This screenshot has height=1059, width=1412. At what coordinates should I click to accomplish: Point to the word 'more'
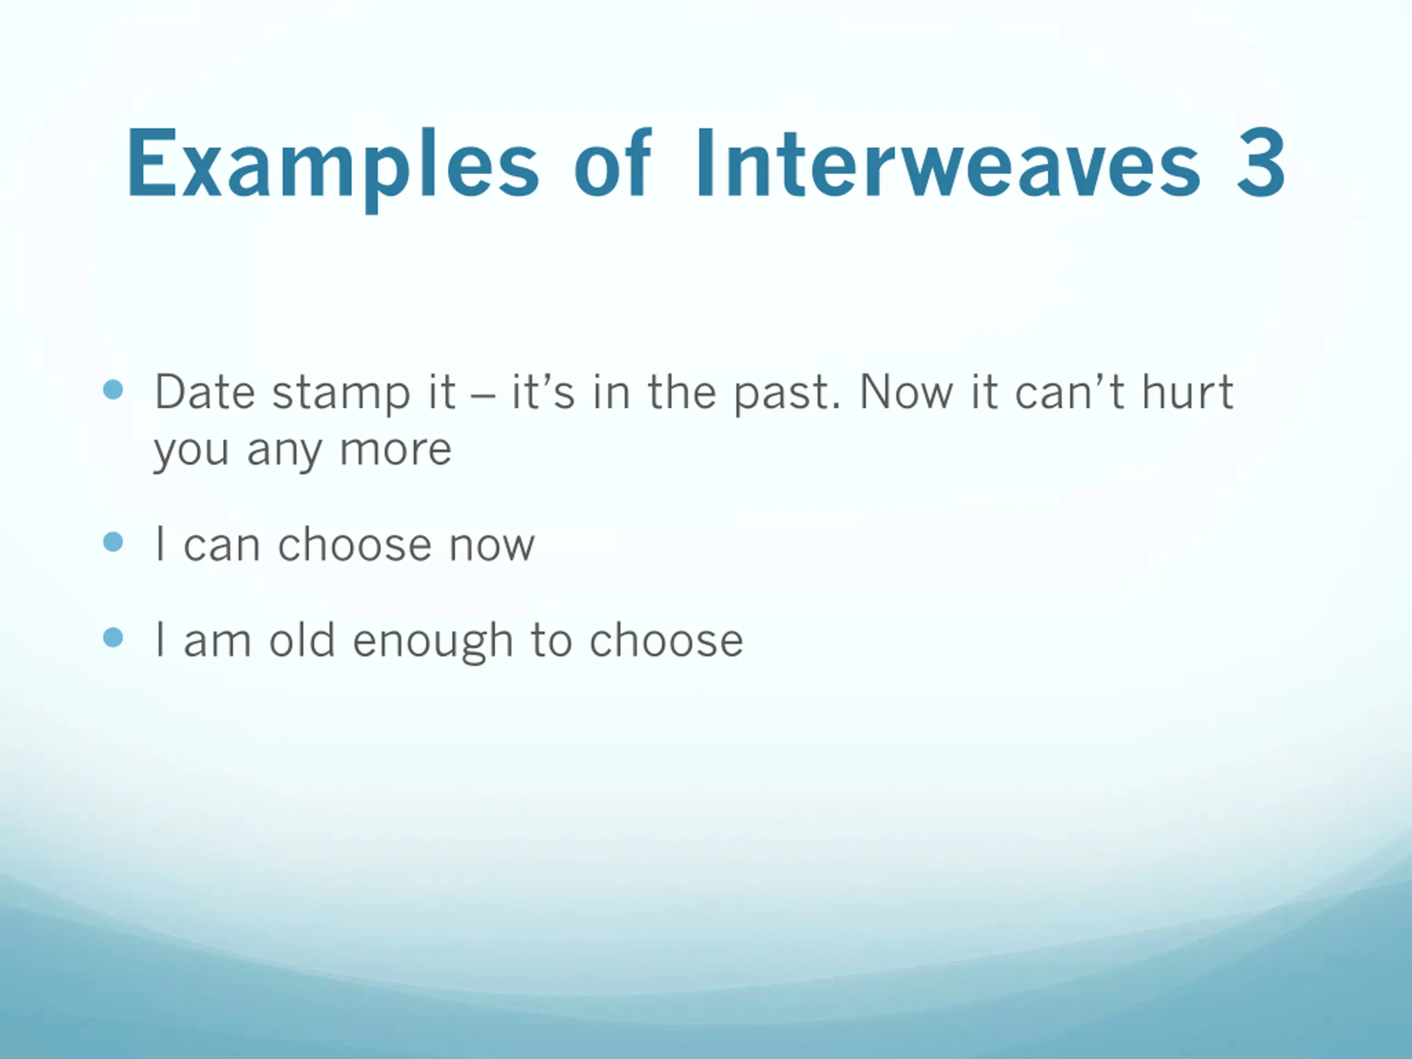(396, 451)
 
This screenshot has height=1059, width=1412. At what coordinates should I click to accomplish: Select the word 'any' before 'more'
(285, 454)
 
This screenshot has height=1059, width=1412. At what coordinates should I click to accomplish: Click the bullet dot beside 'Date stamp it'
(113, 389)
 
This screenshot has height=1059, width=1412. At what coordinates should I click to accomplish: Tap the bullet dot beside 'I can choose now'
(113, 543)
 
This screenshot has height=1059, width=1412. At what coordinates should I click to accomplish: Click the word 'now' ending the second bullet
(491, 547)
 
